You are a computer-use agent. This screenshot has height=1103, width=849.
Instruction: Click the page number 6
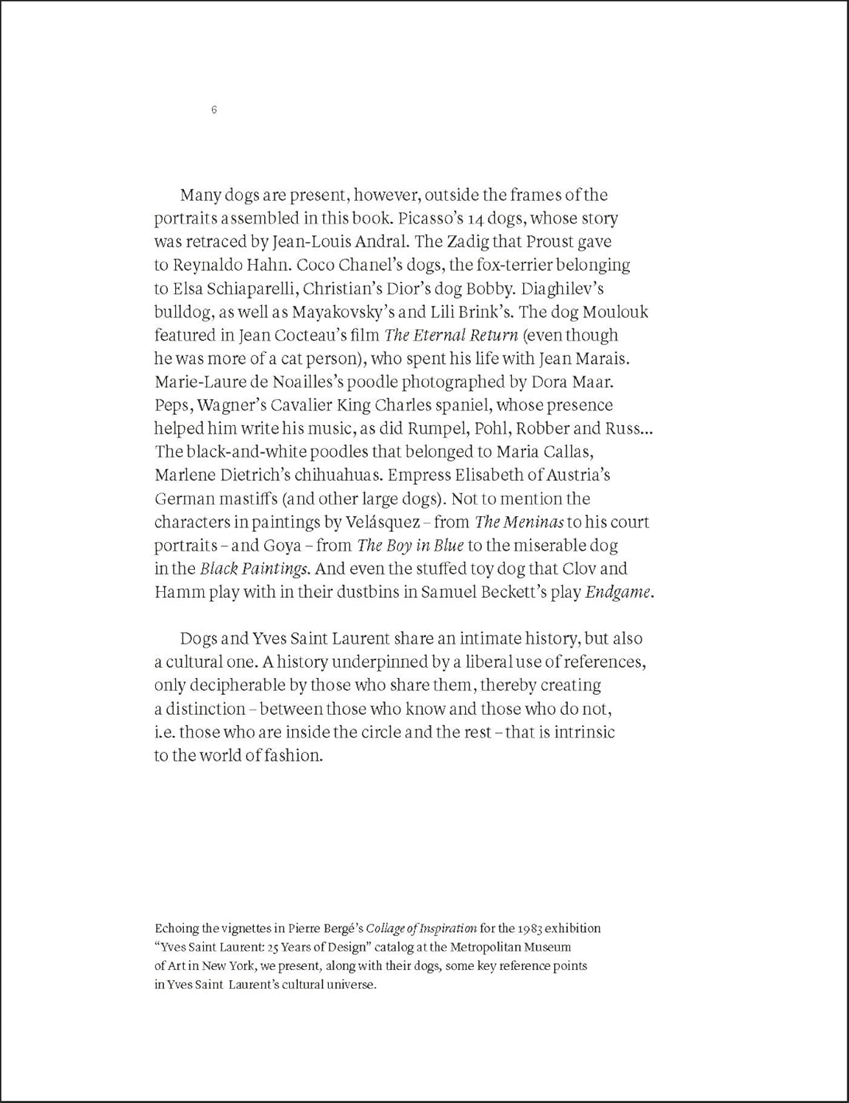pos(213,110)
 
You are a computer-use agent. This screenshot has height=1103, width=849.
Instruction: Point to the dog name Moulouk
pos(616,313)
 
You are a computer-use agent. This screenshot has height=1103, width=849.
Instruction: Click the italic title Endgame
pos(618,593)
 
